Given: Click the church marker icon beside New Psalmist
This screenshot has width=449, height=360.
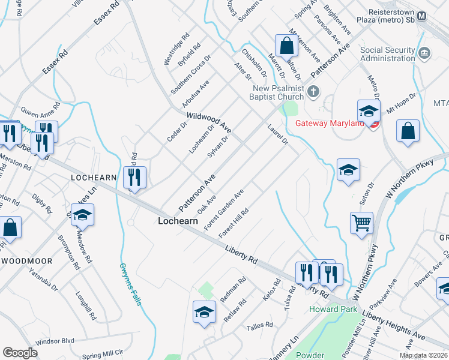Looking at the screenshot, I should tap(312, 92).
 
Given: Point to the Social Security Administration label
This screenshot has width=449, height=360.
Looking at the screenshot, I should tap(389, 53).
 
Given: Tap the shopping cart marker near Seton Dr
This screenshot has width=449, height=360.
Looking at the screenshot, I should tap(361, 223).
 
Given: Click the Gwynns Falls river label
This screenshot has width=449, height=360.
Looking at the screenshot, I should tap(130, 284).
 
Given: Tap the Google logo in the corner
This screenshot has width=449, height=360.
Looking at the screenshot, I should tap(20, 352).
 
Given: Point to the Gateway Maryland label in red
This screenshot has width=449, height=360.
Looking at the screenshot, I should tap(330, 124).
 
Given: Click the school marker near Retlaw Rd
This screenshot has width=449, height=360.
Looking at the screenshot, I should tap(204, 312).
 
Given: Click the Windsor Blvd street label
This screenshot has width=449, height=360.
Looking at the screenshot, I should tap(55, 341).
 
